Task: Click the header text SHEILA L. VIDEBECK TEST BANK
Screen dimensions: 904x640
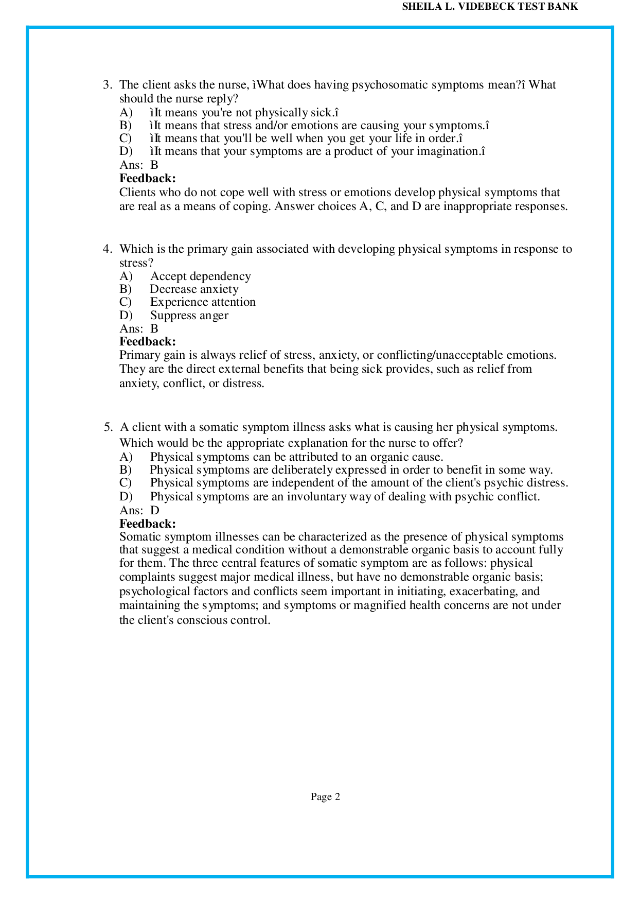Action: (490, 7)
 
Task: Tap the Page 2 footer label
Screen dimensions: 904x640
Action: (325, 796)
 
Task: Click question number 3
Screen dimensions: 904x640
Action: (107, 85)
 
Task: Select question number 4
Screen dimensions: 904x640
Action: (107, 249)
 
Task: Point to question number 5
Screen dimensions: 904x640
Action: (108, 427)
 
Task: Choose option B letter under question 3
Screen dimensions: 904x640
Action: (126, 126)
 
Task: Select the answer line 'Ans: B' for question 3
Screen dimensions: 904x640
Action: (139, 165)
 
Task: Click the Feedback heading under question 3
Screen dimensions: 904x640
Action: (148, 179)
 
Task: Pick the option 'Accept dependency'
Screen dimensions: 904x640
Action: (200, 276)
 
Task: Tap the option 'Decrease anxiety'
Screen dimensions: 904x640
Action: (194, 289)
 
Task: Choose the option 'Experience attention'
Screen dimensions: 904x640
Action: (203, 302)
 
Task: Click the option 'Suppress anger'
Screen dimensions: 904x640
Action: (189, 316)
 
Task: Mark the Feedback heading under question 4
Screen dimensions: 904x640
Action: (148, 341)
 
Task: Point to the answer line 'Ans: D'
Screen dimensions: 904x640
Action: (139, 510)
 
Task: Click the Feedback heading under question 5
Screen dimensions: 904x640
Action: (148, 524)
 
